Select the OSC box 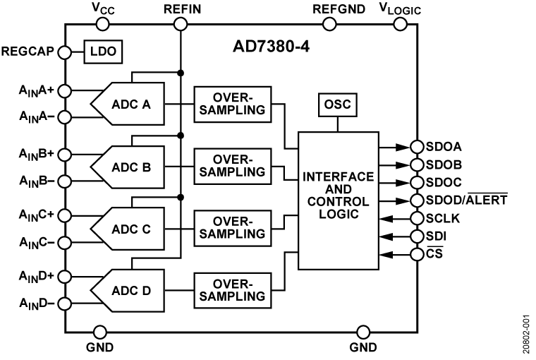pyautogui.click(x=337, y=105)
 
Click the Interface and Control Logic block pyautogui.click(x=337, y=200)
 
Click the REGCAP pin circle pyautogui.click(x=65, y=52)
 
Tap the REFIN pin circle pyautogui.click(x=181, y=24)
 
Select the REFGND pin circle pyautogui.click(x=329, y=24)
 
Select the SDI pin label pyautogui.click(x=437, y=236)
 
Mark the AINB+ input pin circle pyautogui.click(x=65, y=152)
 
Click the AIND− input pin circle pyautogui.click(x=65, y=304)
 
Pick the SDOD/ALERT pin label pyautogui.click(x=466, y=200)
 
